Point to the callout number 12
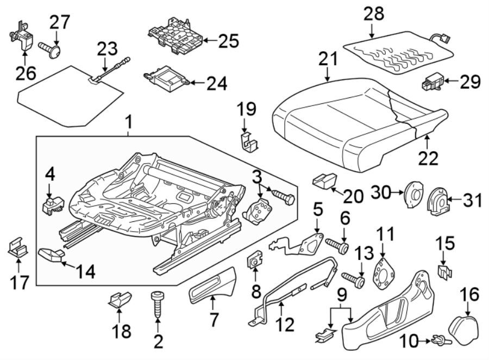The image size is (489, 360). pos(284,325)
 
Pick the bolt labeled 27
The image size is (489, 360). pos(51,49)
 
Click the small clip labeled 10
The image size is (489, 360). pos(439,342)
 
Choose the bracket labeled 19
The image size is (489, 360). pos(248,140)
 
